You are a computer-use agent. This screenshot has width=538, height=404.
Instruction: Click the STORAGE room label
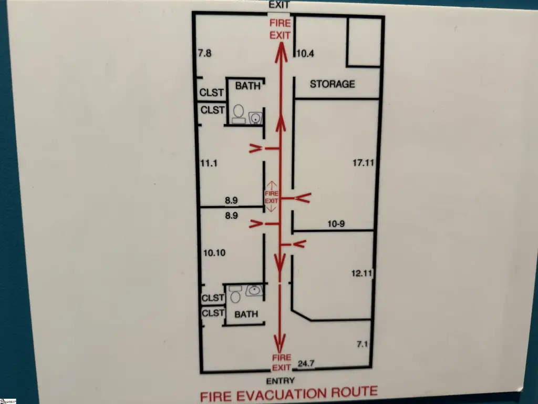click(332, 84)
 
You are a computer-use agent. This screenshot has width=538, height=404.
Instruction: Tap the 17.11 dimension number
click(363, 163)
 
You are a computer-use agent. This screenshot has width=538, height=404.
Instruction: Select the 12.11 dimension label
click(361, 274)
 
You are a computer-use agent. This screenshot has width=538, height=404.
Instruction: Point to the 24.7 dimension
click(306, 363)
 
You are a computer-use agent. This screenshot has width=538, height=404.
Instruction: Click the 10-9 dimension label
click(336, 224)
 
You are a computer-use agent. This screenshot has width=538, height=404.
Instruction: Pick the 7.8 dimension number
click(204, 53)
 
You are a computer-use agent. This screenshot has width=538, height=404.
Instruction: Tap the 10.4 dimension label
click(305, 54)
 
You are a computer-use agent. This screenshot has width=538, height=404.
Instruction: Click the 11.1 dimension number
click(209, 163)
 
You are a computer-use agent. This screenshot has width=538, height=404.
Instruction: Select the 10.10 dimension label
click(214, 253)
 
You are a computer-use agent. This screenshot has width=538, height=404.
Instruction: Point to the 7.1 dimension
click(363, 344)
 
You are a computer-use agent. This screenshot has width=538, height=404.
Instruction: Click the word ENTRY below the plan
click(281, 381)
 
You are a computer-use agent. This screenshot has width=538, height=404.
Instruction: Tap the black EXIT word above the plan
click(279, 5)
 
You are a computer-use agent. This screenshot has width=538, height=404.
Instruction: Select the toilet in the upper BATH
click(239, 114)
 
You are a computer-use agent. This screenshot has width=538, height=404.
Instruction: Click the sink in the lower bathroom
click(254, 290)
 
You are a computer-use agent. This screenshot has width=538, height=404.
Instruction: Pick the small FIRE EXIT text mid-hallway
click(272, 197)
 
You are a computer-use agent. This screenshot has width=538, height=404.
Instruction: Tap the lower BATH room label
click(246, 315)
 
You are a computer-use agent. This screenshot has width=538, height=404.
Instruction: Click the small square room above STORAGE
click(364, 42)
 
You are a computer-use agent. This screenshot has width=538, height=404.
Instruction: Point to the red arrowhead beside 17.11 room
click(303, 198)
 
